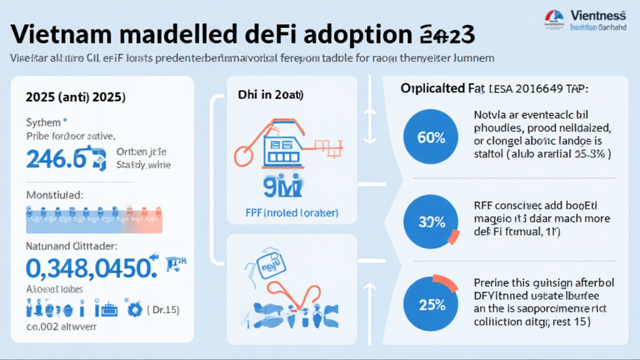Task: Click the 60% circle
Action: point(431,137)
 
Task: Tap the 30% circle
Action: point(431,221)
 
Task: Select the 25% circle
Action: point(431,306)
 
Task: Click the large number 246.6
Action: point(56,159)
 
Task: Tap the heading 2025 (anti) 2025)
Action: point(76,97)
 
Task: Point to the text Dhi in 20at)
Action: point(271,96)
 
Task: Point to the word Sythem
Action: point(44,122)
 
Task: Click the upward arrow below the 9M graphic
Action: point(369,301)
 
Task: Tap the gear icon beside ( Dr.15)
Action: point(132,309)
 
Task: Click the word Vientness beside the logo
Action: point(598,15)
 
